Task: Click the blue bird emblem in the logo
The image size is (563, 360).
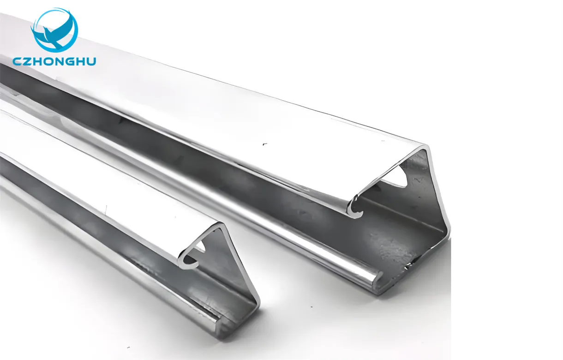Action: [54, 30]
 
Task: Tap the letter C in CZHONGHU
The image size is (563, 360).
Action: [18, 61]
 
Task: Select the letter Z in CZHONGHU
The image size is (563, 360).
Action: [29, 61]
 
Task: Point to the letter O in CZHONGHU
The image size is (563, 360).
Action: [50, 61]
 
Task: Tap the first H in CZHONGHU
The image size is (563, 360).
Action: [39, 61]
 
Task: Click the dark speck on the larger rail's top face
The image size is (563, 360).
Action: [265, 144]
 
